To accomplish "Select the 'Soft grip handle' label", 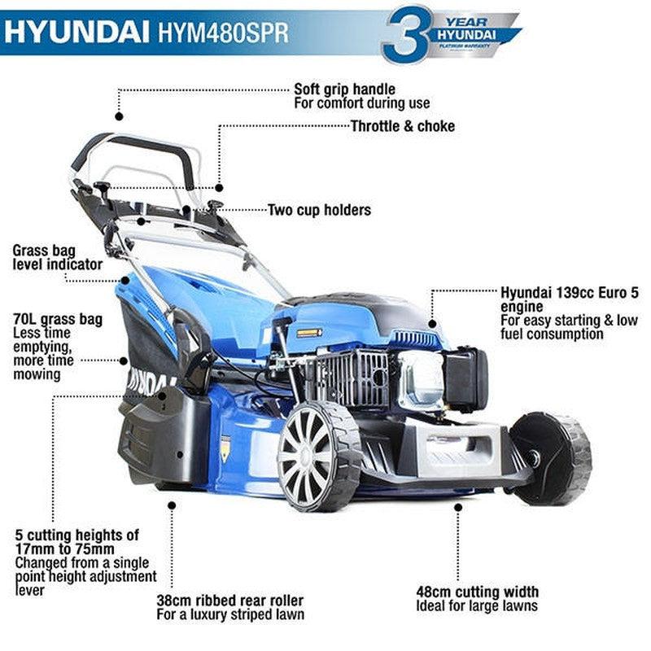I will point(344,89).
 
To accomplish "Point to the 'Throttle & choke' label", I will point(402,126).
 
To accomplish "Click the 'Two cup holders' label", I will point(319,210).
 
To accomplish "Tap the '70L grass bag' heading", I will point(58,319).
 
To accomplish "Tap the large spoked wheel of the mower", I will point(317,456).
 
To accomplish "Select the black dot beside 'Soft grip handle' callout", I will point(119,116).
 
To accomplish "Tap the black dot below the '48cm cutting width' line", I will point(458,506).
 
